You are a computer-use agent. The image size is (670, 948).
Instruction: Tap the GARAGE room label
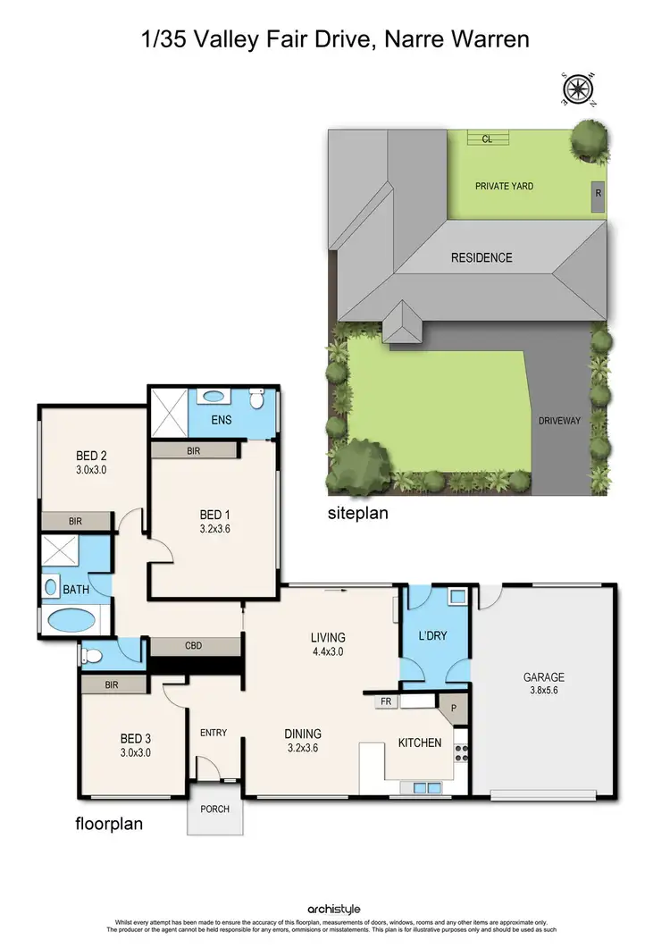pos(543,677)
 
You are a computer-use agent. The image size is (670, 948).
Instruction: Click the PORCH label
pos(214,810)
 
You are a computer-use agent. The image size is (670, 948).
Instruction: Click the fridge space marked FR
pos(386,702)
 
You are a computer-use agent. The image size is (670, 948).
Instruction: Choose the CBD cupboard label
pos(196,643)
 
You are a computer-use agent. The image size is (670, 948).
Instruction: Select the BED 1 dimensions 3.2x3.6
pos(214,528)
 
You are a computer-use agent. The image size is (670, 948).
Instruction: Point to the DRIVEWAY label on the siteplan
pos(560,420)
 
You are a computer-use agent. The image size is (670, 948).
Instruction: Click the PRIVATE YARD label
pos(504,187)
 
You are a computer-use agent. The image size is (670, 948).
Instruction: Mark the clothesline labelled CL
pos(487,138)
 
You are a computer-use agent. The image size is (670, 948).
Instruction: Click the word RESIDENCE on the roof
pos(482,258)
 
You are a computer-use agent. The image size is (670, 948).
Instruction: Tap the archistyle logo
pos(335,910)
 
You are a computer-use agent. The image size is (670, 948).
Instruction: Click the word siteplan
pos(357,515)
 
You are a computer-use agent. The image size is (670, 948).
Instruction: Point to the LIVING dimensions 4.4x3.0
pos(327,651)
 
